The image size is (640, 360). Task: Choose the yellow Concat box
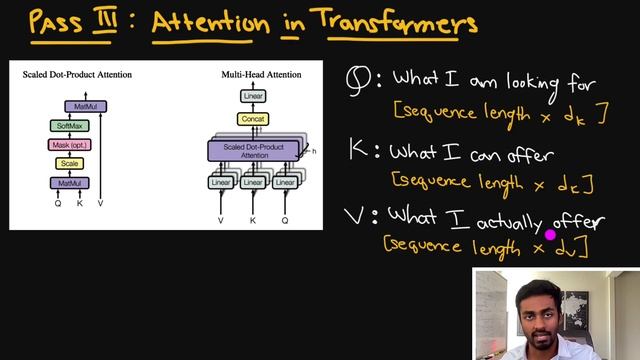click(x=254, y=119)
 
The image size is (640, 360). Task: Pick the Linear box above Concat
click(x=254, y=96)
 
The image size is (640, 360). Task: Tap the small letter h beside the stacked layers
click(x=314, y=151)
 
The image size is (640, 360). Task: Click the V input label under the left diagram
click(x=100, y=203)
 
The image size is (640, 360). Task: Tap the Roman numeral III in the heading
click(x=107, y=20)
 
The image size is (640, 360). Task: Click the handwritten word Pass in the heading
click(x=56, y=20)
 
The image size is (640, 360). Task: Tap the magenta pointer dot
click(x=549, y=235)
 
